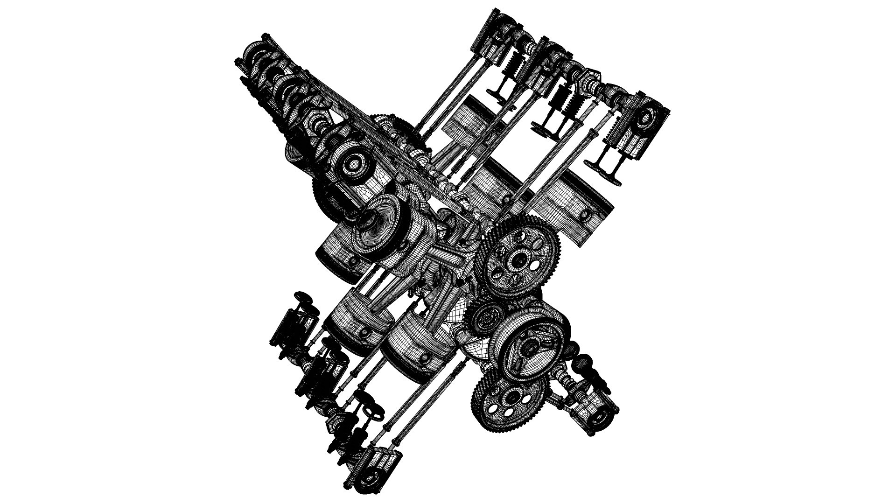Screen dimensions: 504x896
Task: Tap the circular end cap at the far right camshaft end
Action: (x=648, y=116)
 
